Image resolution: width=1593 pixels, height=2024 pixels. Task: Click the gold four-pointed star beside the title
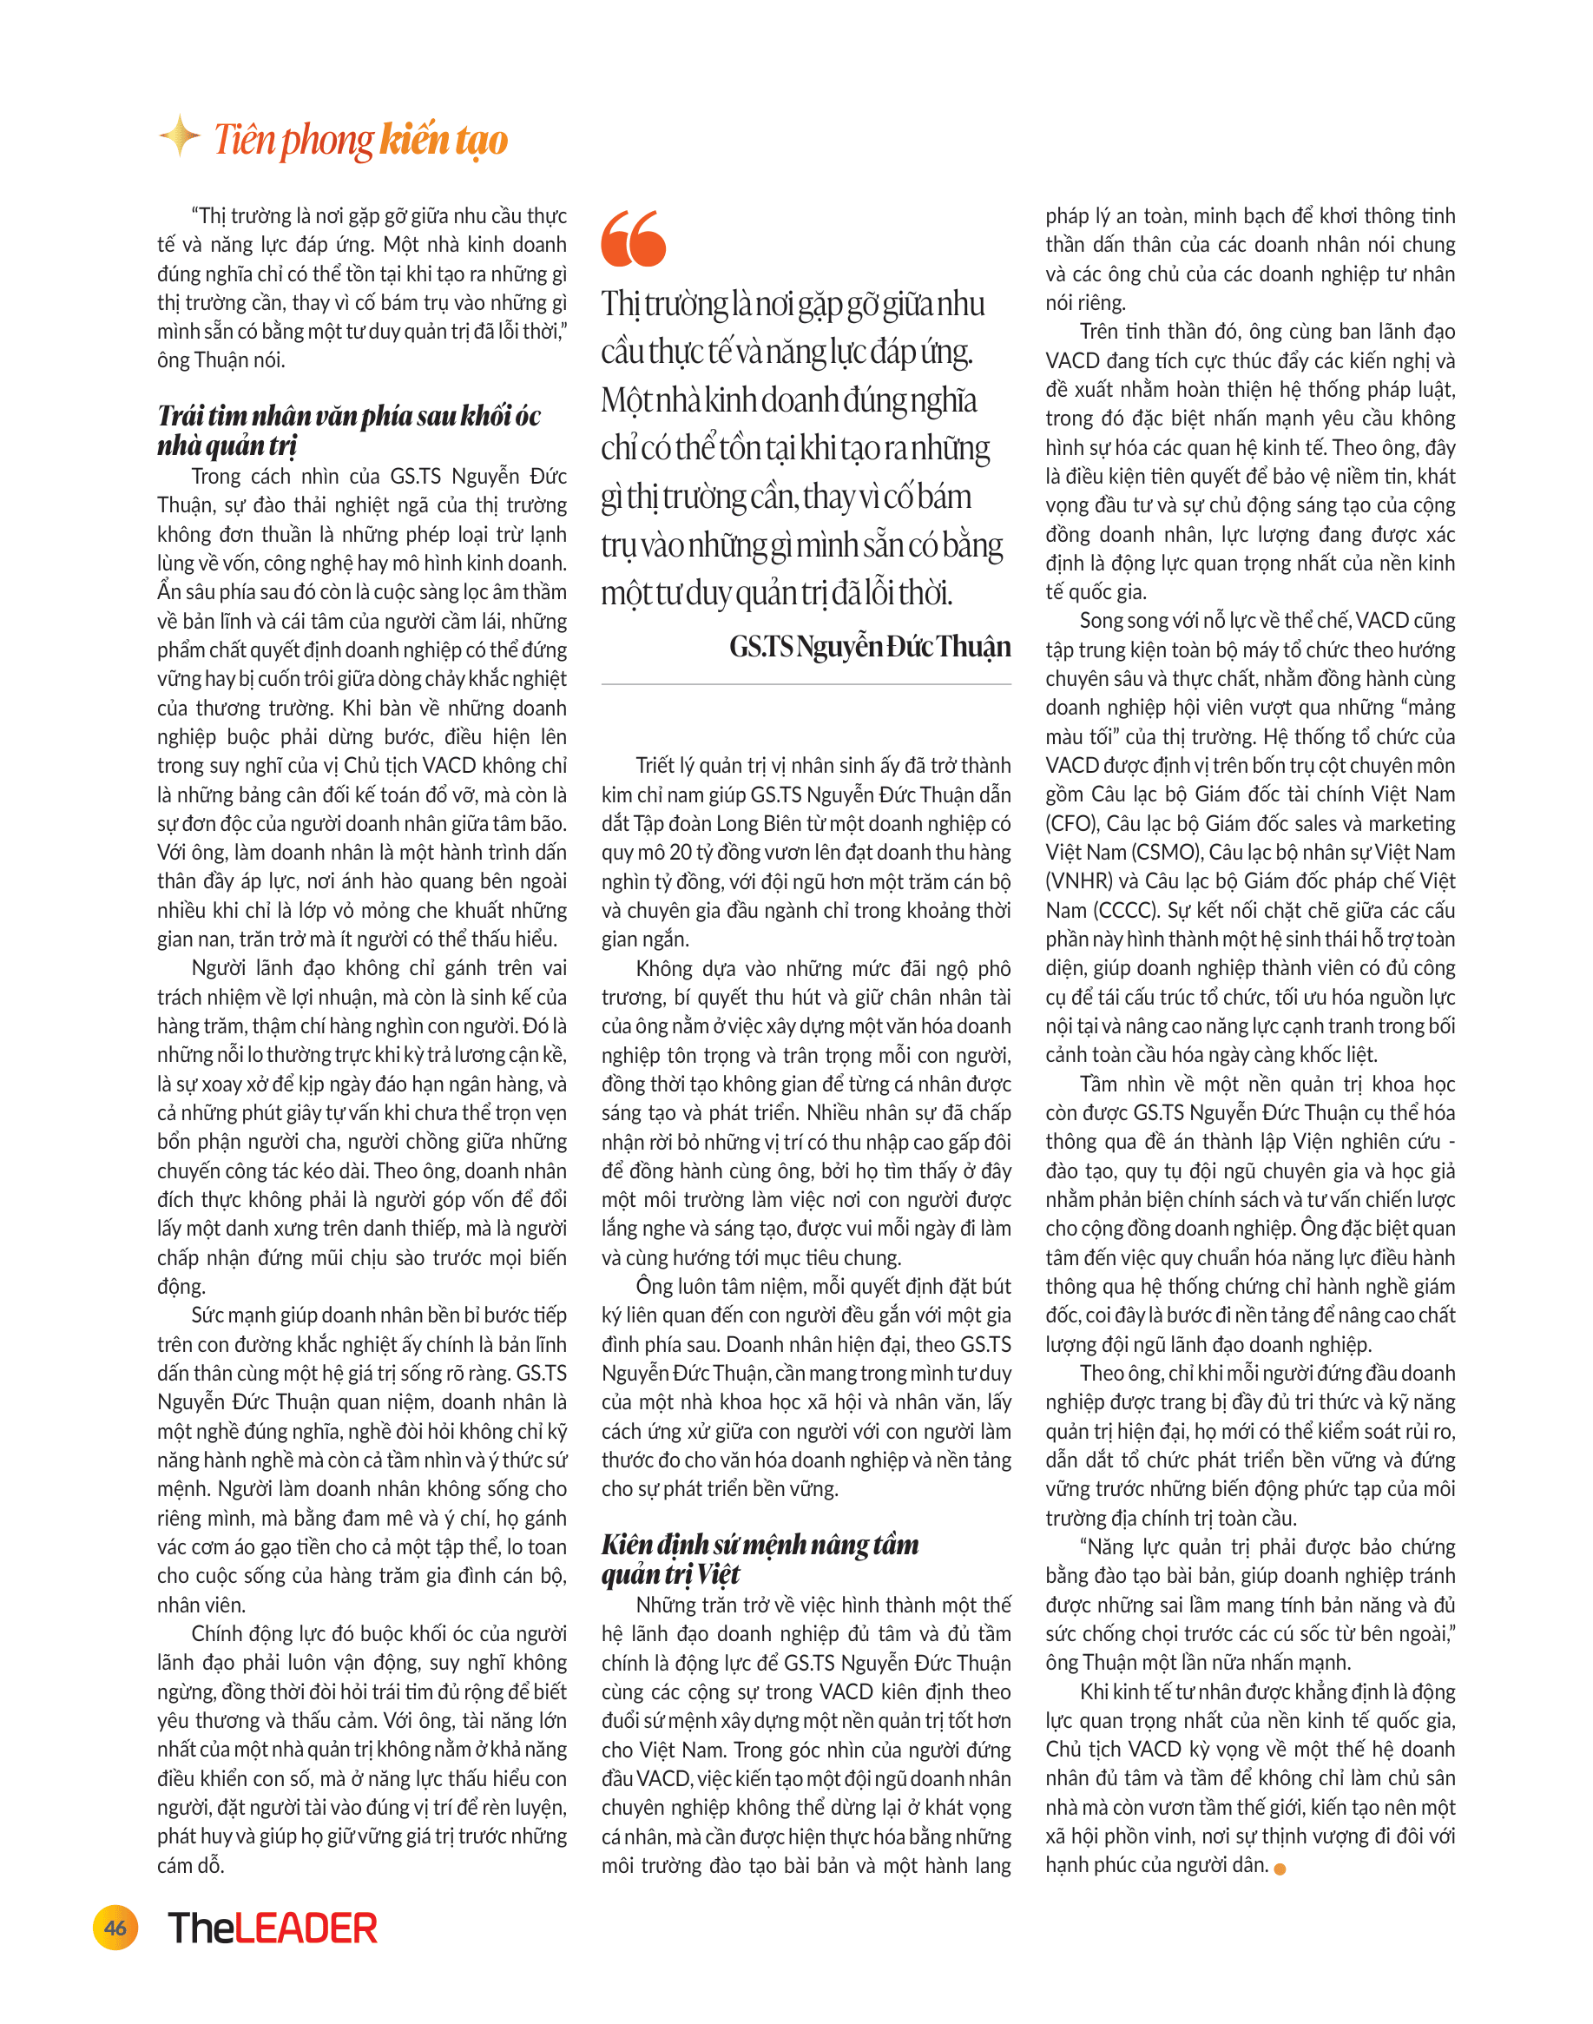pos(179,136)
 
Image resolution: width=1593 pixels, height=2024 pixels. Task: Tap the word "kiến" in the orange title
pos(414,140)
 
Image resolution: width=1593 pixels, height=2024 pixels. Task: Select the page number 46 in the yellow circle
pos(115,1927)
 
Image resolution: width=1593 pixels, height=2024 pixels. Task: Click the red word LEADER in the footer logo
pos(306,1928)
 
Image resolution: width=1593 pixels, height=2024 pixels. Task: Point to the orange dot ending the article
pos(1280,1869)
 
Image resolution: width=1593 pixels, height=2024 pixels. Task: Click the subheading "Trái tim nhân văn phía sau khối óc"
pos(349,416)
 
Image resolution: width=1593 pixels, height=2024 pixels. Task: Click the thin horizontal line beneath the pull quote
pos(806,683)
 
